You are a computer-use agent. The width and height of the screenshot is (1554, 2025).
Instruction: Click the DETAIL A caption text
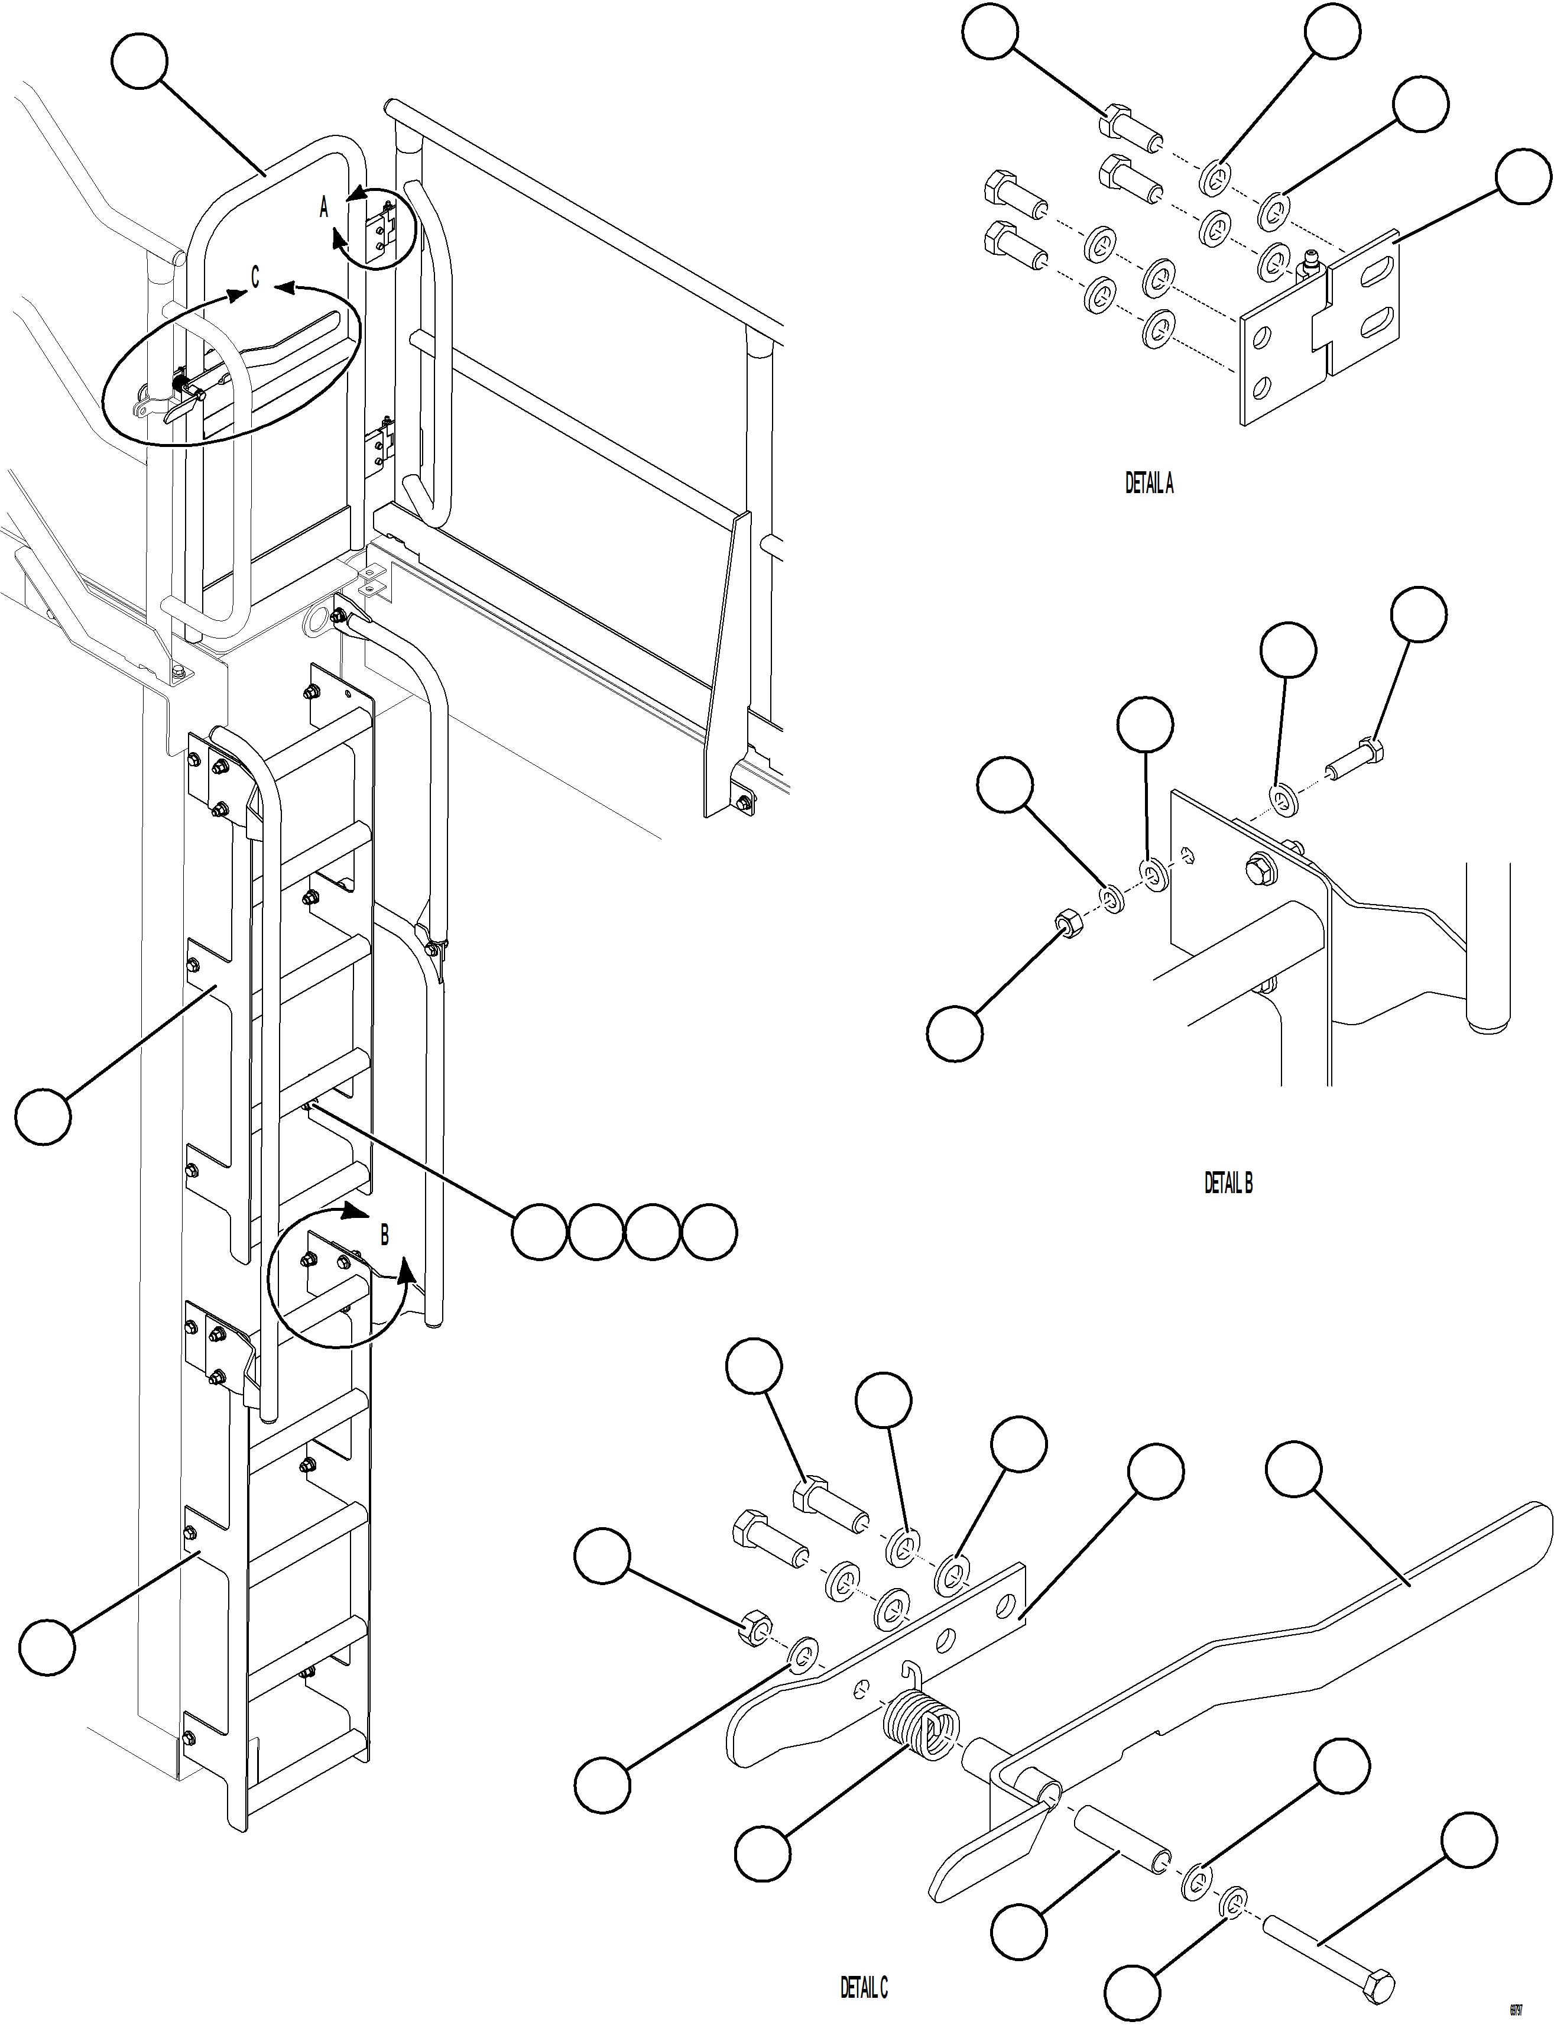coord(1149,484)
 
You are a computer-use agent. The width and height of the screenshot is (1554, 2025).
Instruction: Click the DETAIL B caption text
coord(1228,1183)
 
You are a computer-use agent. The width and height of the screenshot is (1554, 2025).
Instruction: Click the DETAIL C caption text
coord(863,1987)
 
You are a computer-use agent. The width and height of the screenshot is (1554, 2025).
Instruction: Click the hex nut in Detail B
coord(1066,924)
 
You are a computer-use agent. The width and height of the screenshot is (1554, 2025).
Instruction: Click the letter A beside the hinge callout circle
coord(324,208)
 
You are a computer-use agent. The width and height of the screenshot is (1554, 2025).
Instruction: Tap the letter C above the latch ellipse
coord(255,277)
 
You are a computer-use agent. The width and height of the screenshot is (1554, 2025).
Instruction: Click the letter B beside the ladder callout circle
coord(385,1235)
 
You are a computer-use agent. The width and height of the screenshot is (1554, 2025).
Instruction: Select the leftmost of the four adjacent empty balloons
coord(539,1232)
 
